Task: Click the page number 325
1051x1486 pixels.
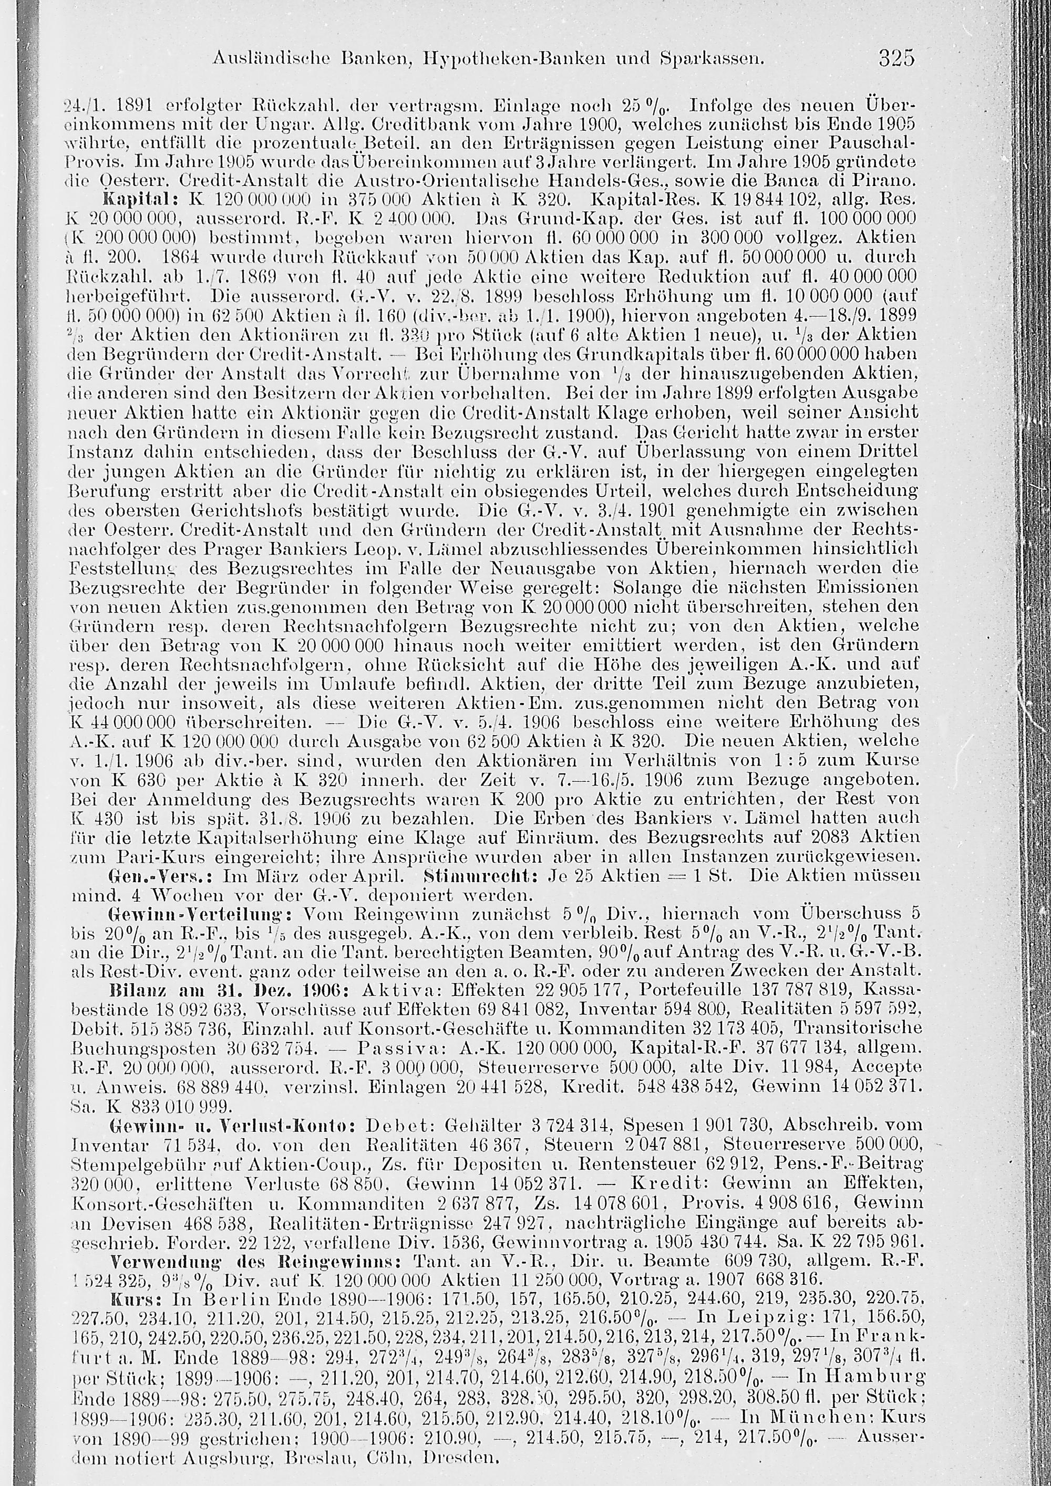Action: point(897,59)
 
